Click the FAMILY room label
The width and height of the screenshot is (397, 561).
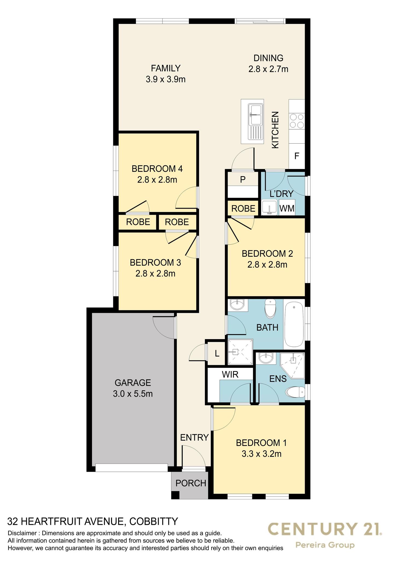166,68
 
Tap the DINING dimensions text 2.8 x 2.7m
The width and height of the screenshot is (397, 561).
268,69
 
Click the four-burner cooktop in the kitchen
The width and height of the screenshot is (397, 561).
297,121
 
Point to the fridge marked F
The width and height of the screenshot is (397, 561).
297,156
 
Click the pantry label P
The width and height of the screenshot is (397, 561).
243,180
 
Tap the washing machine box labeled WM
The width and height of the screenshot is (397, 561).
287,209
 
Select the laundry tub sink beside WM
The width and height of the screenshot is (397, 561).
270,207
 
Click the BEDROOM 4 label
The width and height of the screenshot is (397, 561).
157,168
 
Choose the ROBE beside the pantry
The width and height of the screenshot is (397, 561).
243,209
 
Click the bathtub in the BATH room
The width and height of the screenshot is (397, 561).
294,324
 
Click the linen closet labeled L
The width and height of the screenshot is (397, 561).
217,354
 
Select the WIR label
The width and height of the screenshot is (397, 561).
230,374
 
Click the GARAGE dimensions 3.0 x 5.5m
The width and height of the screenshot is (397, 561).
133,394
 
